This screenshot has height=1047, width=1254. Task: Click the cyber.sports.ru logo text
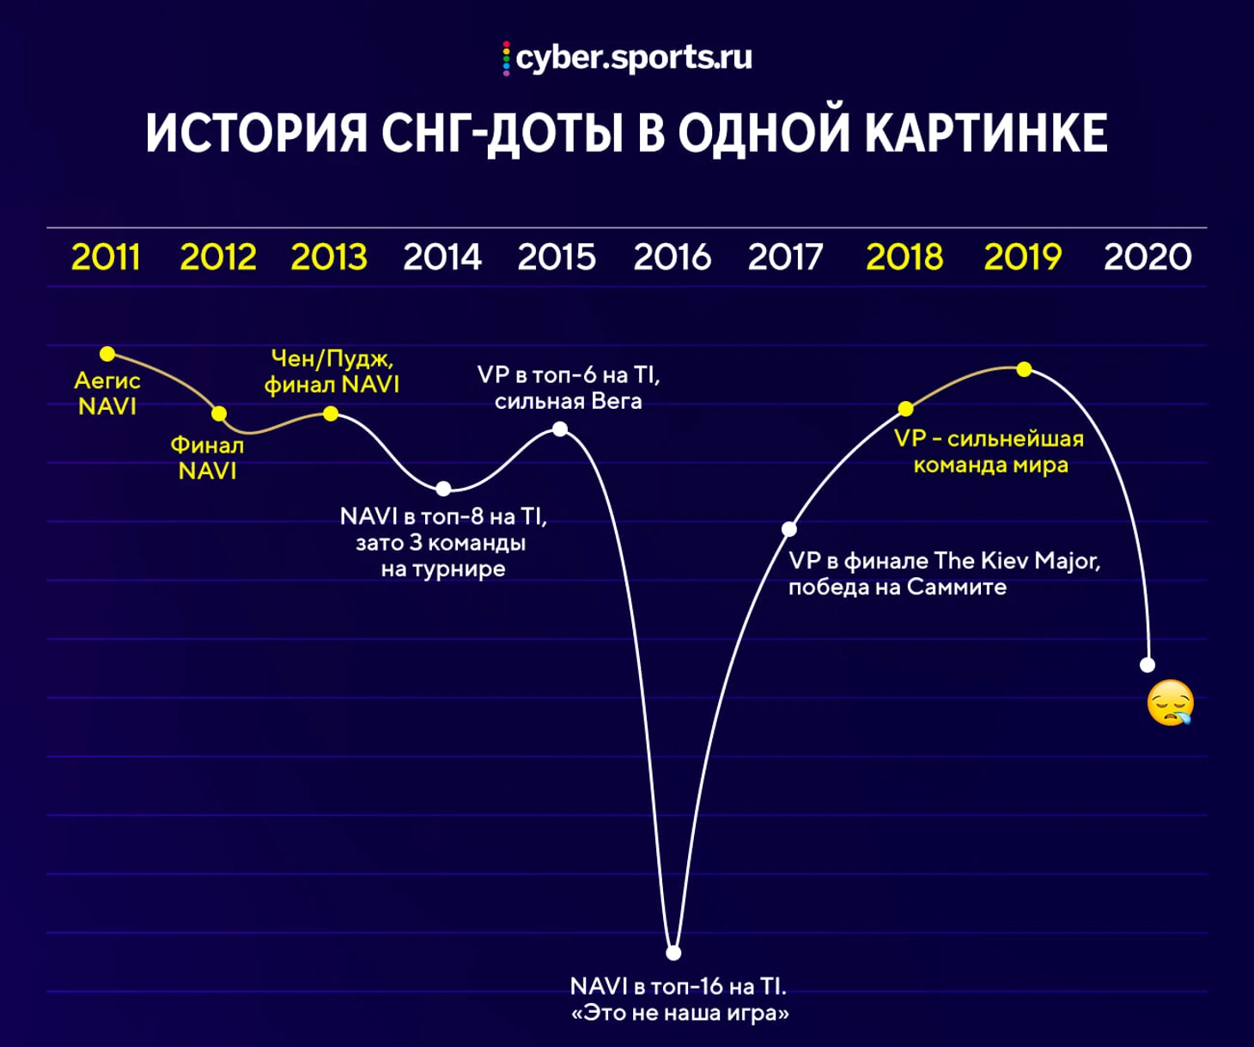tap(634, 58)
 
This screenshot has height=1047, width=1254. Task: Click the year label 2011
tap(106, 257)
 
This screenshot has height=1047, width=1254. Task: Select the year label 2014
tap(442, 257)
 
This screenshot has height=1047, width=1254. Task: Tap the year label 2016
tap(672, 257)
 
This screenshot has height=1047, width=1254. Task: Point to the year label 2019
tap(1023, 257)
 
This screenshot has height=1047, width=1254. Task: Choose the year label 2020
tap(1147, 257)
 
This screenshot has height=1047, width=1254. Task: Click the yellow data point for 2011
tap(107, 354)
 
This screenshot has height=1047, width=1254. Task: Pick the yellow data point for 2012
tap(219, 413)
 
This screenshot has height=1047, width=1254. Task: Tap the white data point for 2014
tap(443, 489)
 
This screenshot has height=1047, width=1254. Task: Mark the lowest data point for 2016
tap(674, 953)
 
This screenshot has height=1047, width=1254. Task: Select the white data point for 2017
tap(789, 528)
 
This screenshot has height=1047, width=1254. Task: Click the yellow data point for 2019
tap(1025, 368)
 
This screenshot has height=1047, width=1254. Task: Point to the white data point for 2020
tap(1147, 665)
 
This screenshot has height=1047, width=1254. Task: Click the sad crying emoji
tap(1171, 703)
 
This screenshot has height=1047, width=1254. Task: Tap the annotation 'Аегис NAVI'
tap(107, 393)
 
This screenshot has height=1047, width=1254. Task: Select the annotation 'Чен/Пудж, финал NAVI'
tap(332, 371)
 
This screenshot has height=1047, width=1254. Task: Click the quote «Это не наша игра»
tap(680, 1014)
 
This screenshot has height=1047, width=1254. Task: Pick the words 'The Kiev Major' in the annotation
tap(1017, 561)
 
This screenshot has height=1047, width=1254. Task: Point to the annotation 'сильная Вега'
tap(568, 401)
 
